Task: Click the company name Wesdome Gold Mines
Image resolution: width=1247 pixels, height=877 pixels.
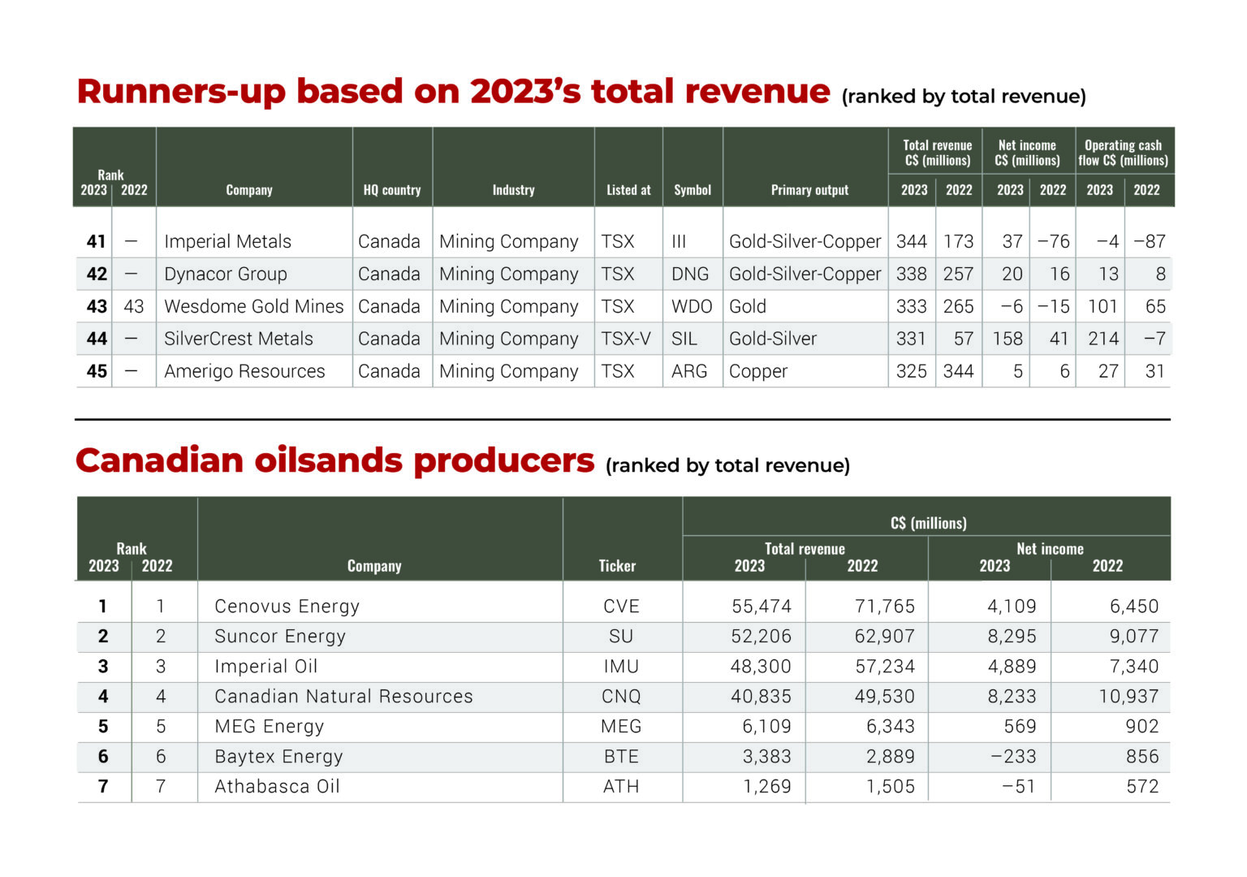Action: click(x=253, y=307)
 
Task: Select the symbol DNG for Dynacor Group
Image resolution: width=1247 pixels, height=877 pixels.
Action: click(x=689, y=274)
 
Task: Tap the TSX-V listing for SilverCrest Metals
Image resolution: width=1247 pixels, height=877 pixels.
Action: click(x=625, y=339)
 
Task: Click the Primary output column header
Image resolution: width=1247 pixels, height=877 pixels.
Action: click(x=809, y=190)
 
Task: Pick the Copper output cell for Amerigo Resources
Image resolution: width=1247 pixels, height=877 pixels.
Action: click(x=757, y=372)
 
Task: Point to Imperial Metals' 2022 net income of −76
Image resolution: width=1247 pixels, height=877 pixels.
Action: click(x=1053, y=242)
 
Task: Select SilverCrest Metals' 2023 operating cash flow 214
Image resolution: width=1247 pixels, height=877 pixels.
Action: click(x=1102, y=339)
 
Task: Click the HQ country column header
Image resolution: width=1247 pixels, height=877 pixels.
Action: click(x=391, y=190)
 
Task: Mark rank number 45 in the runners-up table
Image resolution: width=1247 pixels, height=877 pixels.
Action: click(x=97, y=372)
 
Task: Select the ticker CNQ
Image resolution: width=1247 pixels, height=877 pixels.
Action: click(x=621, y=697)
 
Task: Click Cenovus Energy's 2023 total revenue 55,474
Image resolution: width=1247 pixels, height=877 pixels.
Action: click(x=761, y=607)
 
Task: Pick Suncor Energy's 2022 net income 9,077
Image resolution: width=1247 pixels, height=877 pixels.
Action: click(x=1133, y=637)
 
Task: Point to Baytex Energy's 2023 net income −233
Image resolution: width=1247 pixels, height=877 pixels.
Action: click(x=1012, y=757)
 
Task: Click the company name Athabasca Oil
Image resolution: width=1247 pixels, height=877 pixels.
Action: click(x=277, y=787)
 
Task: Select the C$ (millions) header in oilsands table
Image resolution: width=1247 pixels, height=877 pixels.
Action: click(x=928, y=523)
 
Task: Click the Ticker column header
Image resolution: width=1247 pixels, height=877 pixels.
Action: click(x=617, y=566)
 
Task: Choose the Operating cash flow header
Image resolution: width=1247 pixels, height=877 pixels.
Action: click(x=1123, y=153)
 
